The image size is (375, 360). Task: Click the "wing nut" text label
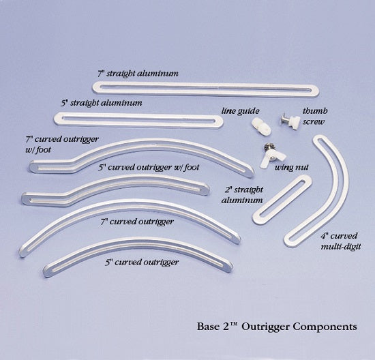click(288, 166)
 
